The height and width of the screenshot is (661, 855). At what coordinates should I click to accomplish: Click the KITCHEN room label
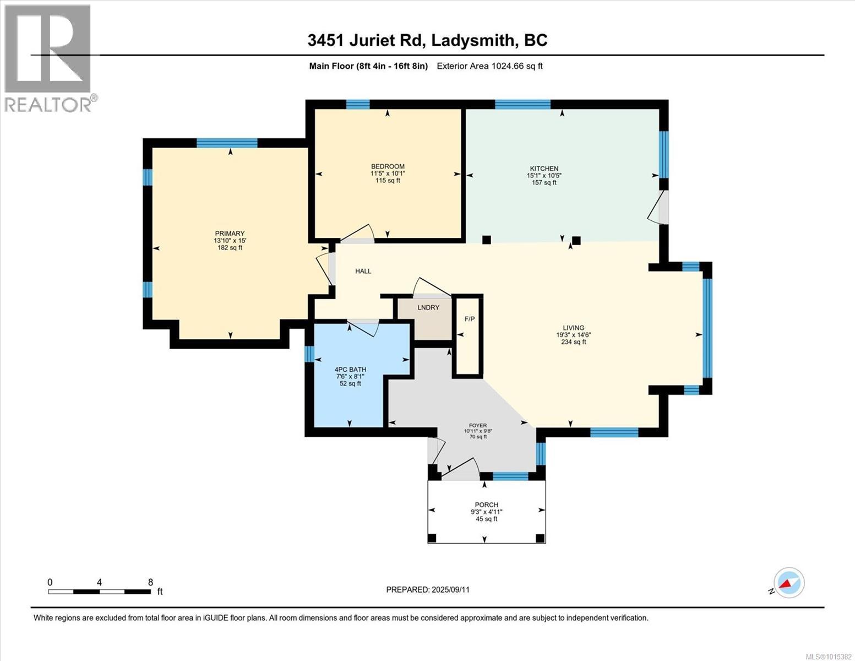pyautogui.click(x=544, y=169)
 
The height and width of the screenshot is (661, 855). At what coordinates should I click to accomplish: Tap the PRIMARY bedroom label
pyautogui.click(x=230, y=234)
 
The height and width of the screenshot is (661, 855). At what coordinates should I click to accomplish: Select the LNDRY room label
pyautogui.click(x=428, y=307)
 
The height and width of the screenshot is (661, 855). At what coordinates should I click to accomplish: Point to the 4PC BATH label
pyautogui.click(x=350, y=370)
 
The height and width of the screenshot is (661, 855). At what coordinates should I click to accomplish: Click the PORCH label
pyautogui.click(x=486, y=505)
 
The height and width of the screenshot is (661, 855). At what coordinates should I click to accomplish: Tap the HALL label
pyautogui.click(x=363, y=271)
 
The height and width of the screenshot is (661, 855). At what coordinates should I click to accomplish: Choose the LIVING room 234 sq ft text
pyautogui.click(x=573, y=342)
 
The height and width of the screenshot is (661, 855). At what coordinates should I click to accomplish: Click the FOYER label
pyautogui.click(x=477, y=425)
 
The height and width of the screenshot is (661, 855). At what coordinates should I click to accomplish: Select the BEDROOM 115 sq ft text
pyautogui.click(x=388, y=181)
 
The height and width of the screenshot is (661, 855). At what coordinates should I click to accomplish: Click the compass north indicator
pyautogui.click(x=788, y=583)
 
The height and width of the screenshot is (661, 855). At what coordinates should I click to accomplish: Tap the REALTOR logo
pyautogui.click(x=48, y=58)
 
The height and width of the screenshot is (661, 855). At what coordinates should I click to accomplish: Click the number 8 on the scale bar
pyautogui.click(x=150, y=582)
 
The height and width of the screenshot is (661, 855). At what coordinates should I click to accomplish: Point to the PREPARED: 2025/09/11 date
pyautogui.click(x=428, y=589)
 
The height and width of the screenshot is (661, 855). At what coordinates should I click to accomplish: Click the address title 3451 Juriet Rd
pyautogui.click(x=365, y=40)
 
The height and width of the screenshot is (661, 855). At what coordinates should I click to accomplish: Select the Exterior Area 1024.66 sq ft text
pyautogui.click(x=489, y=66)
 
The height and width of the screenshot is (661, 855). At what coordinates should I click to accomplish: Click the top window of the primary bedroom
pyautogui.click(x=227, y=143)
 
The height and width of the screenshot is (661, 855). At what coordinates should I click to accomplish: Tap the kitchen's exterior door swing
pyautogui.click(x=657, y=208)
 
